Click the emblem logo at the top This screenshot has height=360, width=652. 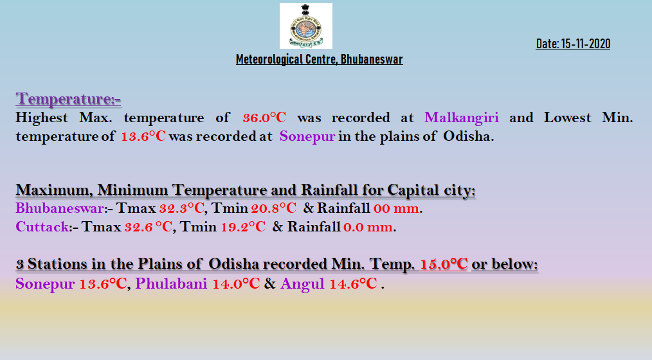(x=305, y=26)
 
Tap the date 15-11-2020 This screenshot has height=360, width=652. (x=586, y=44)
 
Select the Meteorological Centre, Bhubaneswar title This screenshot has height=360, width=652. (x=320, y=59)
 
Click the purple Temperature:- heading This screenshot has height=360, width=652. (x=68, y=99)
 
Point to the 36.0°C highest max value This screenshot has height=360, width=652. (x=264, y=118)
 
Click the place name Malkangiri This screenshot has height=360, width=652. (x=462, y=118)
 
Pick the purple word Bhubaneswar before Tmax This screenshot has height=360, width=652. (x=60, y=208)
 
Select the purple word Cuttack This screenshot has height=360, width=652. (x=42, y=226)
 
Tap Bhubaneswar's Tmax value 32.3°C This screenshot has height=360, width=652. (x=182, y=208)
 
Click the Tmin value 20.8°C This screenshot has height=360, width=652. (x=274, y=208)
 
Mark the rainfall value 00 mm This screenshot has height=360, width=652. (x=396, y=208)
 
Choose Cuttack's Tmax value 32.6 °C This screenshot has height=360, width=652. (x=148, y=226)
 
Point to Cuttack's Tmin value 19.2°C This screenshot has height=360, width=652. (x=243, y=226)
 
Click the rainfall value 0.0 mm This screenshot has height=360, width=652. (x=368, y=227)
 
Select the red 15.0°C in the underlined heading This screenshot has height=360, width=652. (x=444, y=264)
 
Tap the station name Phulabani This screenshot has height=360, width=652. (x=171, y=283)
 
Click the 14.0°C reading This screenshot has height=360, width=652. (x=236, y=283)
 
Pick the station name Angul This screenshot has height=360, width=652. (x=302, y=284)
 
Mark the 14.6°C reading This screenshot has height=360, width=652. (x=354, y=283)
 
